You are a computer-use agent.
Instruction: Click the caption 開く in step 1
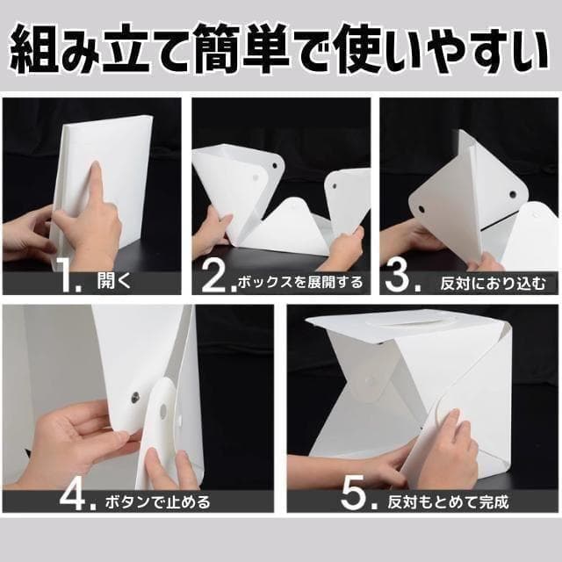click(114, 282)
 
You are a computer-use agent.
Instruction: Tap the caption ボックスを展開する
click(300, 283)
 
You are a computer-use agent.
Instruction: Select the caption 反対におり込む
click(494, 283)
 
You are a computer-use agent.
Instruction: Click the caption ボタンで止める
click(158, 501)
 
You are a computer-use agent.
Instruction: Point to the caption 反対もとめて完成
click(448, 501)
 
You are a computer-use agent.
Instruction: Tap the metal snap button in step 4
click(135, 396)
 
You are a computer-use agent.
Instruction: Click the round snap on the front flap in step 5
click(367, 379)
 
